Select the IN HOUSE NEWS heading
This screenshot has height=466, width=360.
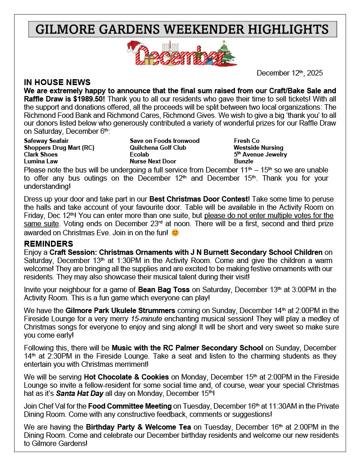[x=57, y=82]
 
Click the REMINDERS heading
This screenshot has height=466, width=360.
[x=48, y=244]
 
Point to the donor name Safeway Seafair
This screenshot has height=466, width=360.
[x=46, y=141]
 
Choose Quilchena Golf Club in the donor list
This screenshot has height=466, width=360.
[x=158, y=148]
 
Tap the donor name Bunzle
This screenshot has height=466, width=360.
[x=243, y=162]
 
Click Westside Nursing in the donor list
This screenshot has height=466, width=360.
[x=258, y=148]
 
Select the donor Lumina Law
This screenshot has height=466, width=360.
[x=41, y=162]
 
